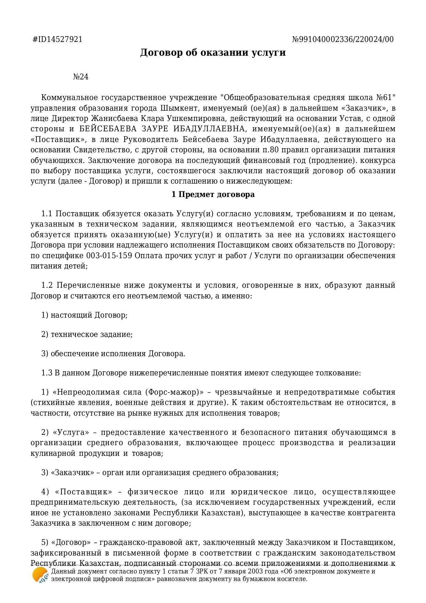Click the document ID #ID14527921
click(x=57, y=39)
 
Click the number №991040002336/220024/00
click(x=343, y=39)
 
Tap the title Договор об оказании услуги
click(x=213, y=53)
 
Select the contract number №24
click(x=81, y=77)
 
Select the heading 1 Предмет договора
click(x=213, y=195)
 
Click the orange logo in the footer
click(x=40, y=575)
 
